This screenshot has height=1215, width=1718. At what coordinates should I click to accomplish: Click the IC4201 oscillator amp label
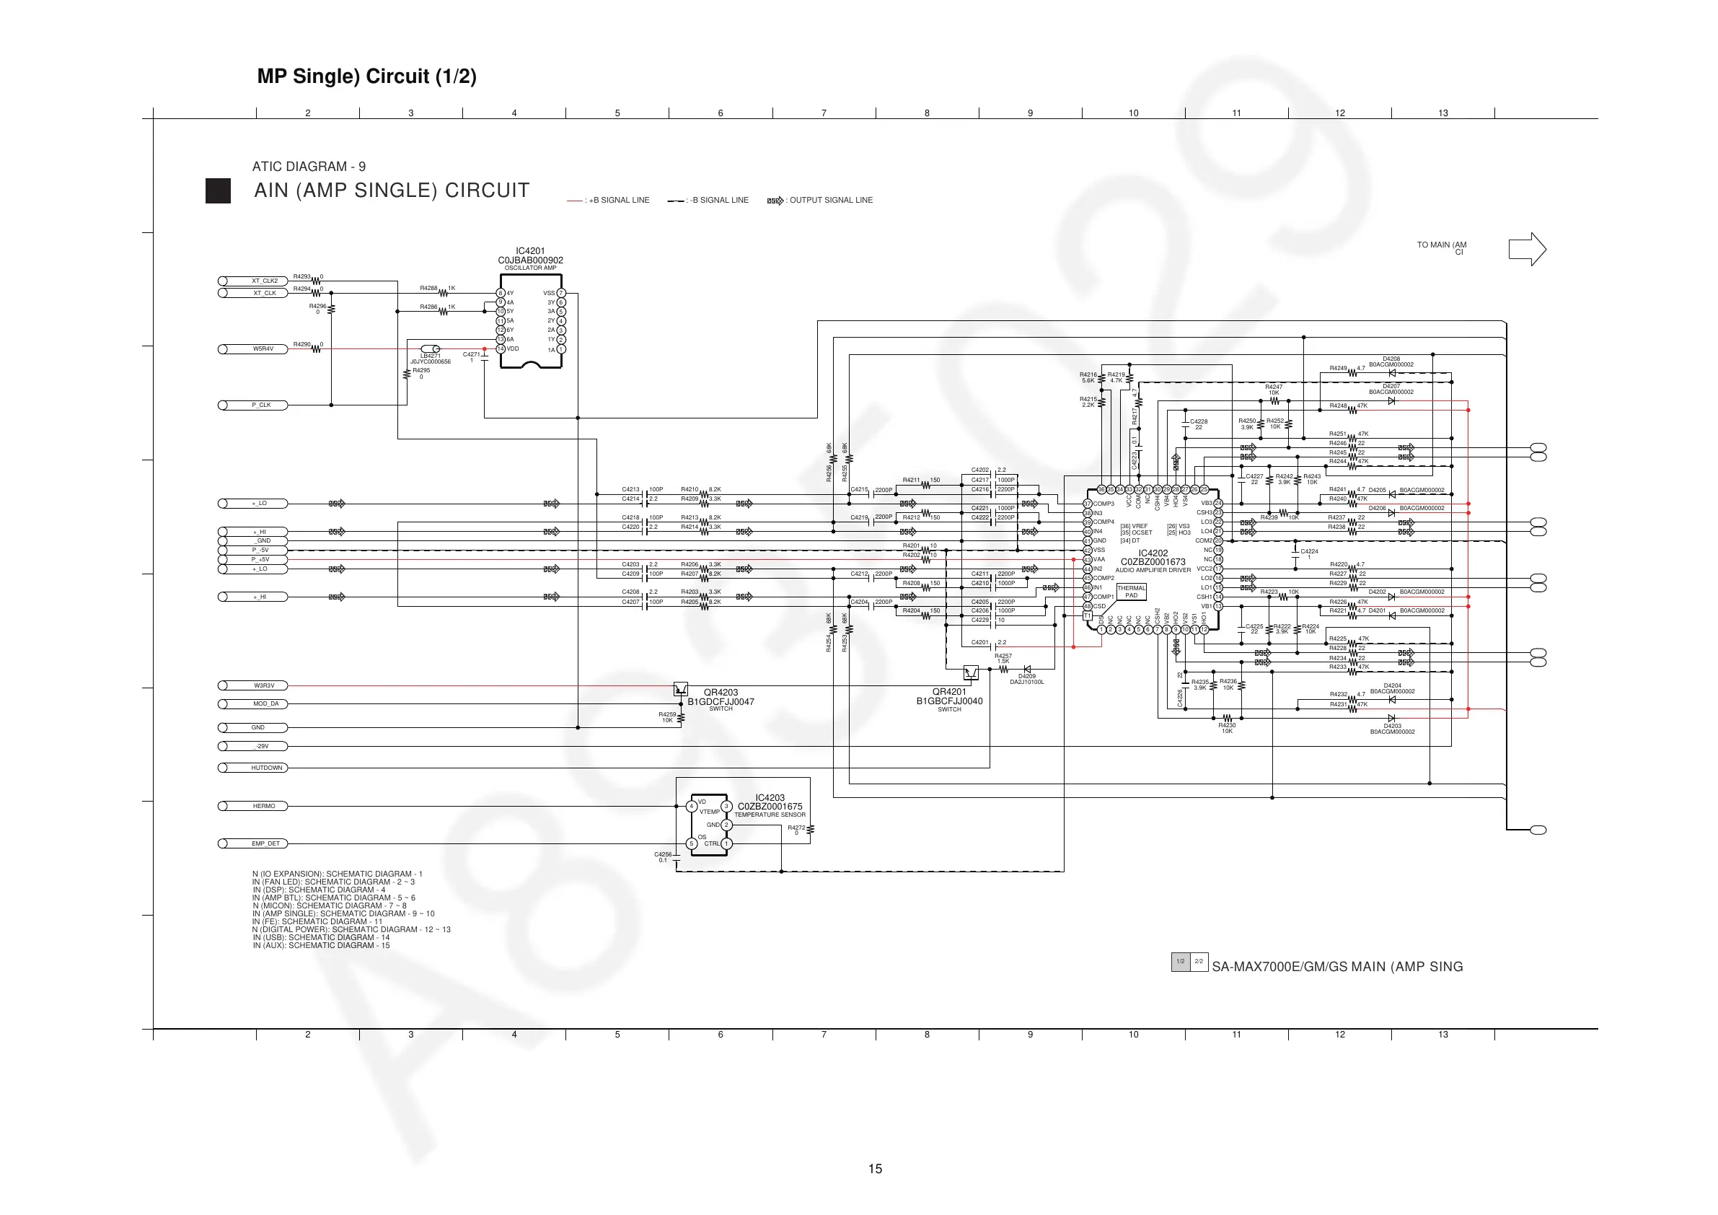click(530, 259)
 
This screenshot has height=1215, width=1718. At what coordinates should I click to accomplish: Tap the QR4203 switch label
click(721, 698)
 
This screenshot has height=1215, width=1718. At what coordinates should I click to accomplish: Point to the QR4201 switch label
click(948, 697)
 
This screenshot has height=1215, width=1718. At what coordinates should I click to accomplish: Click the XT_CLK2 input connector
click(253, 281)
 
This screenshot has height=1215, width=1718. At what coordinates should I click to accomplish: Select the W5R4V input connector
click(253, 349)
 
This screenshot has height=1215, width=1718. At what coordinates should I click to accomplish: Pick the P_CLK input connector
click(253, 405)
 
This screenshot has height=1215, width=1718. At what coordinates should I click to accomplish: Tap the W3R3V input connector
click(253, 685)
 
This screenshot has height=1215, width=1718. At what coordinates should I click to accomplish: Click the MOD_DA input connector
click(253, 703)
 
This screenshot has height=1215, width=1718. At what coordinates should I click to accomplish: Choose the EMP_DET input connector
click(253, 843)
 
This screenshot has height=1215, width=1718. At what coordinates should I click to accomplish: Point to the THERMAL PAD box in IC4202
click(1131, 592)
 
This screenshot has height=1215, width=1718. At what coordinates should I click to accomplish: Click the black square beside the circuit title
click(218, 191)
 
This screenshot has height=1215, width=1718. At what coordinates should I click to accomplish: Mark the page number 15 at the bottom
click(875, 1169)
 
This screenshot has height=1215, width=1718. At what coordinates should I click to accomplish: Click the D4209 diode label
click(1026, 678)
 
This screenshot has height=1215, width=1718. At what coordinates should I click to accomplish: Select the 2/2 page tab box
click(1199, 961)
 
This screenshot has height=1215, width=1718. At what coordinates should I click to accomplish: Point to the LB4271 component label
click(431, 356)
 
